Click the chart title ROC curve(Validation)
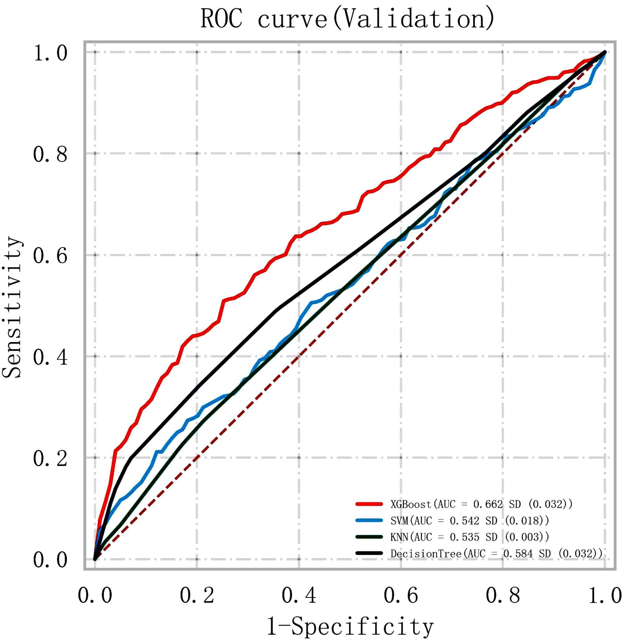tap(347, 19)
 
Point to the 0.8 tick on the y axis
tap(50, 154)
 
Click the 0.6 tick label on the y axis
tap(50, 255)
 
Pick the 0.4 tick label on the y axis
tap(50, 357)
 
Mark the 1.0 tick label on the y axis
tap(50, 53)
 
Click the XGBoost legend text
tap(481, 504)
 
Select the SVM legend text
tap(470, 521)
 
